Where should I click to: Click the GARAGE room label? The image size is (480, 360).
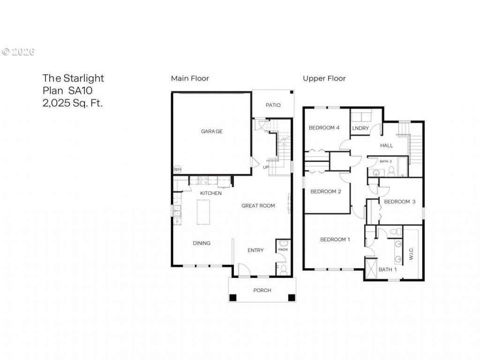coord(211,131)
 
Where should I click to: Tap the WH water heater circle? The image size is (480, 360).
coord(178,169)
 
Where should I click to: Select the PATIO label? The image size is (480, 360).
coord(273,105)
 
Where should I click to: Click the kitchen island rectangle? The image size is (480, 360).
coord(203,212)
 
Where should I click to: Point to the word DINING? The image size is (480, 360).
coord(202,243)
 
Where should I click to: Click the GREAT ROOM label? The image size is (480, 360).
coord(258,206)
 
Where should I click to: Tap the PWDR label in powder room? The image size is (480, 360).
coord(283,249)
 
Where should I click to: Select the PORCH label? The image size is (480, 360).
coord(262,290)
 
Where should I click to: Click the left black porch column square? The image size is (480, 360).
coord(233,298)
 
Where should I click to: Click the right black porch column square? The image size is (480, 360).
coord(292,298)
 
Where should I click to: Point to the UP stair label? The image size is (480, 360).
coord(266,167)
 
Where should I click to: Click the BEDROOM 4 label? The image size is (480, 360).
coord(324,127)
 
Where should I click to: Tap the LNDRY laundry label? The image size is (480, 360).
coord(360,128)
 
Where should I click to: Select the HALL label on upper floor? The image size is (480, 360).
coord(386,145)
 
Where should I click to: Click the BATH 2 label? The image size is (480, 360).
coord(386,161)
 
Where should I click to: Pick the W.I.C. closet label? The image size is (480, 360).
coord(411,254)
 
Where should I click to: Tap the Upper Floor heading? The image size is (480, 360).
coord(324,78)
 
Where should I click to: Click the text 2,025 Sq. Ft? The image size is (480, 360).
coord(73,103)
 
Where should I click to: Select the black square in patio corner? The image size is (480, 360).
coord(292,92)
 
